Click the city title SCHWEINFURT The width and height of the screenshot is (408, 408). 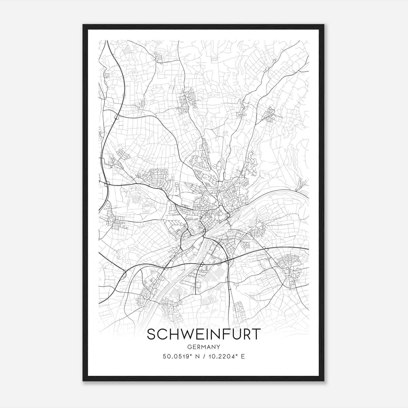[204, 334]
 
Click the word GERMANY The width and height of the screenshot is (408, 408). [204, 347]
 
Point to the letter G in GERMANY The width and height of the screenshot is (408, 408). [189, 347]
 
